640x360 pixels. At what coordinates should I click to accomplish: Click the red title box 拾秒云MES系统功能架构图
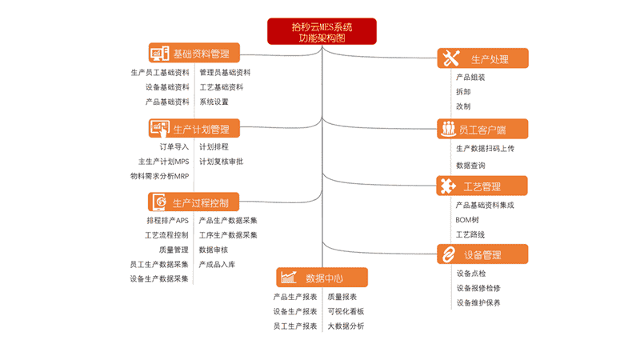pos(322,31)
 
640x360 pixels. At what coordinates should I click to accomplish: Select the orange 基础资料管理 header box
pos(194,53)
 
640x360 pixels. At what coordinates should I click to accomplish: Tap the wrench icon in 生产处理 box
pos(451,58)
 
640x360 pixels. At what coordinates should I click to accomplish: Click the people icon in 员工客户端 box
pos(449,129)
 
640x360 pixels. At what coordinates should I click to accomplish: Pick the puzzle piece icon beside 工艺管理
pos(448,186)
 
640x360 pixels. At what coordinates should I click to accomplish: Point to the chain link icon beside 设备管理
pos(449,254)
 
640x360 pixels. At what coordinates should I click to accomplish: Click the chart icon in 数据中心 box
pos(289,277)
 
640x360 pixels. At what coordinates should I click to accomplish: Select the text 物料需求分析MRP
pos(159,176)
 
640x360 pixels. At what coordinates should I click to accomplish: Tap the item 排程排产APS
pos(167,221)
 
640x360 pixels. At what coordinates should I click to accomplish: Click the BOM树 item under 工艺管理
pos(467,220)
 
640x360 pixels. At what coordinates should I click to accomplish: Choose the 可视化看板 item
pos(346,311)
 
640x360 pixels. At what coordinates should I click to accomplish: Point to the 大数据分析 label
pos(346,326)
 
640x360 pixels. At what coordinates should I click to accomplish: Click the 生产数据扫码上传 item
pos(485,149)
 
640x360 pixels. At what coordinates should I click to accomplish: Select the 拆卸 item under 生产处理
pos(463,92)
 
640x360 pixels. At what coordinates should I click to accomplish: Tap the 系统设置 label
pos(214,102)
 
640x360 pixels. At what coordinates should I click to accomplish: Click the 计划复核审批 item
pos(221,162)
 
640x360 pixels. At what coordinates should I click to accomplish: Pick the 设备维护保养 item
pos(478,303)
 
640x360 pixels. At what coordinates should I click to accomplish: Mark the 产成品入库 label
pos(217,265)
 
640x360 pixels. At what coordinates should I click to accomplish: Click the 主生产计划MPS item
pos(163,162)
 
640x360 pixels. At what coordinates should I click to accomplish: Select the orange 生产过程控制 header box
pos(194,202)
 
